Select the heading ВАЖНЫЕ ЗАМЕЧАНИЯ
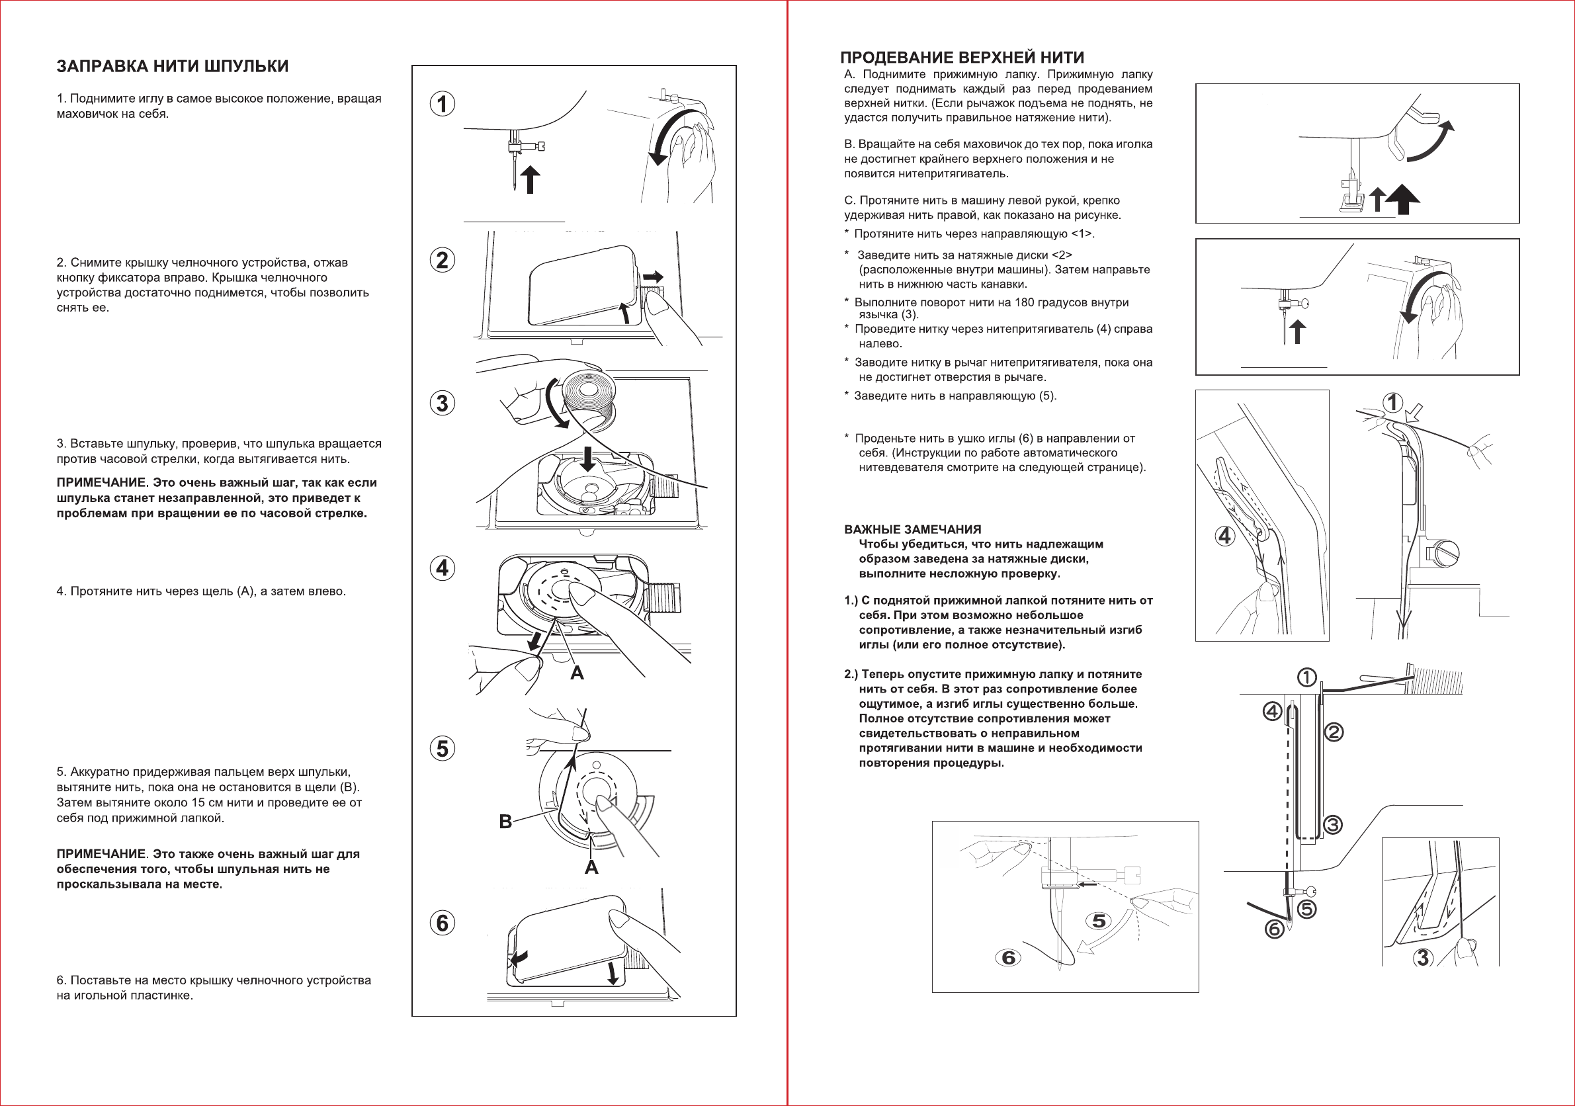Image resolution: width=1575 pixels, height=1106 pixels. [912, 530]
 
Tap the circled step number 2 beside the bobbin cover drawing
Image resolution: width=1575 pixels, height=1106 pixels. [443, 260]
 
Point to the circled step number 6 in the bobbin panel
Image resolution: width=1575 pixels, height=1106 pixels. [443, 923]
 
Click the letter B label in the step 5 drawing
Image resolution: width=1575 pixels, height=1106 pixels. [505, 822]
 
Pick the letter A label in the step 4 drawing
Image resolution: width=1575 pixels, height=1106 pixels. [577, 673]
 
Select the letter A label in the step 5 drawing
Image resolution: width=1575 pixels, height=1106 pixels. [591, 868]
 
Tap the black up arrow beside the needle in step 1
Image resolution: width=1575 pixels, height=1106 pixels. [530, 179]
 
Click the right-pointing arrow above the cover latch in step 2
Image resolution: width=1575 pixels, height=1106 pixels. [653, 277]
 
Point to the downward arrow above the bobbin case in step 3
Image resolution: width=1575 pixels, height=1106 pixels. [587, 457]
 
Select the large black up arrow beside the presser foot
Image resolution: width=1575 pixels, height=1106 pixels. [1403, 199]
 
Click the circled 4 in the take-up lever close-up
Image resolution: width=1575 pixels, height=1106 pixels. [1225, 535]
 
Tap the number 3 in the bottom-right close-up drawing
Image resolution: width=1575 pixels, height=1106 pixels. [1423, 957]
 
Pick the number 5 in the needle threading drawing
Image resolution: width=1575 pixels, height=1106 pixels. [1099, 921]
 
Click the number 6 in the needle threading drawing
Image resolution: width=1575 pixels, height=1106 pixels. [1008, 957]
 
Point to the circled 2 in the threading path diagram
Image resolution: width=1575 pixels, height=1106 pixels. [1334, 733]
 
